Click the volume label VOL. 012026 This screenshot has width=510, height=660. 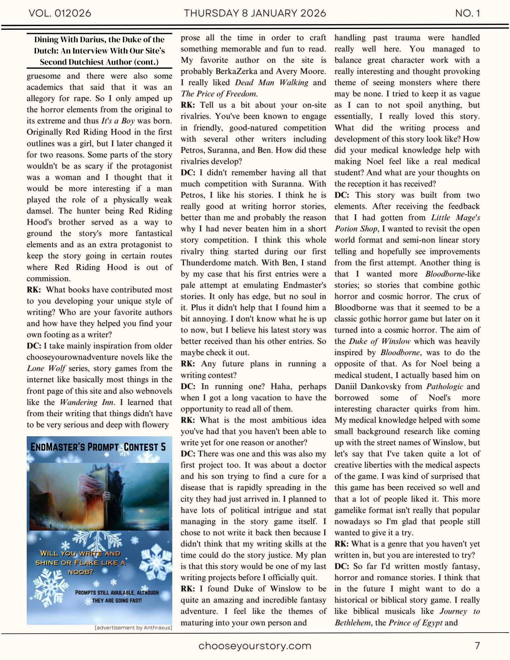pyautogui.click(x=60, y=13)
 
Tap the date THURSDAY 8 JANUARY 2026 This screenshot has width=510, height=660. pyautogui.click(x=255, y=13)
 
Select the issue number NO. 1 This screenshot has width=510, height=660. pyautogui.click(x=467, y=13)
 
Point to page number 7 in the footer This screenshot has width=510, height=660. pyautogui.click(x=477, y=645)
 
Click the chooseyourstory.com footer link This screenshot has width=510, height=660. pyautogui.click(x=255, y=646)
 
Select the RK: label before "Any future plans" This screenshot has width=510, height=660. pyautogui.click(x=187, y=364)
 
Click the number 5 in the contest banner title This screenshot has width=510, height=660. pyautogui.click(x=163, y=447)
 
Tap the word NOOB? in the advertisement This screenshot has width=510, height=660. pyautogui.click(x=81, y=572)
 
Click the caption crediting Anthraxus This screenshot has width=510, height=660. pyautogui.click(x=133, y=628)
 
